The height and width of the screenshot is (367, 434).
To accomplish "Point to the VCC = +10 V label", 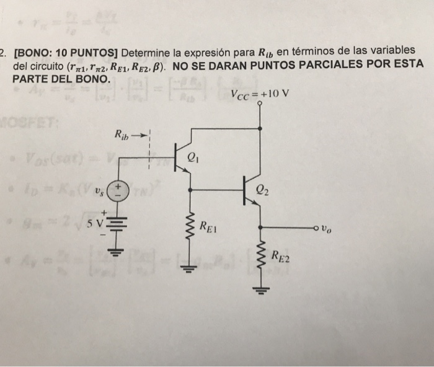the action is pos(259,95).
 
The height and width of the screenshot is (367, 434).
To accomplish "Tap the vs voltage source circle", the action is pos(119,191).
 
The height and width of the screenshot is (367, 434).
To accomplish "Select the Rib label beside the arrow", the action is pos(122,134).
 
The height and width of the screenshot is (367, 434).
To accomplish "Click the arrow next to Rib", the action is pos(143,134).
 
